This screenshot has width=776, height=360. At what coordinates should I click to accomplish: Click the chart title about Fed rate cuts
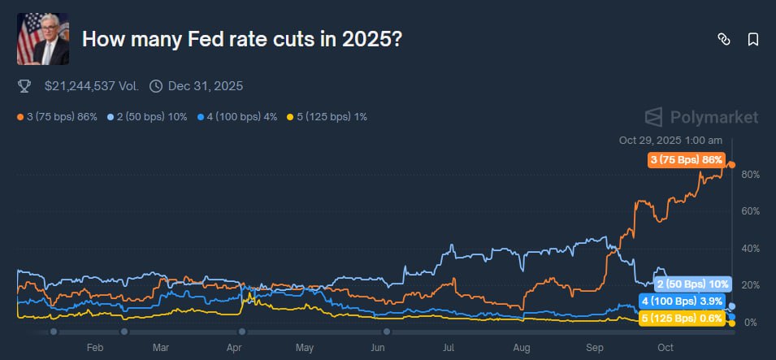pos(241,39)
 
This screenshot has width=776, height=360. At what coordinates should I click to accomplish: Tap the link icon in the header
pos(723,39)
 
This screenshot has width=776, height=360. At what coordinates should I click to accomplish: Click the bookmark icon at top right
pos(753,39)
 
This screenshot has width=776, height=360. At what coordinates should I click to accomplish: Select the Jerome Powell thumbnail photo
pos(43,39)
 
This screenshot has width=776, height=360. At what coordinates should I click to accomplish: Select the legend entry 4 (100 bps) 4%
pos(237,117)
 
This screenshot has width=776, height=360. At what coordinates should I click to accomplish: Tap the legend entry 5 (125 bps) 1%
pos(327,117)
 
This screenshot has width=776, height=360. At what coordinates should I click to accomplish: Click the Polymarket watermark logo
pos(701,117)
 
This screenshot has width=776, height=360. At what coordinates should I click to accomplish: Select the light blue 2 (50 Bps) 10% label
pos(692,284)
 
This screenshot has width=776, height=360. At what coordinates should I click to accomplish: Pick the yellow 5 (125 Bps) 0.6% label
pos(682,319)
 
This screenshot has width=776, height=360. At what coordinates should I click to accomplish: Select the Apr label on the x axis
pos(234,348)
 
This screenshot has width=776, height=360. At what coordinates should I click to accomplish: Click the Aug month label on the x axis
pos(521,348)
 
